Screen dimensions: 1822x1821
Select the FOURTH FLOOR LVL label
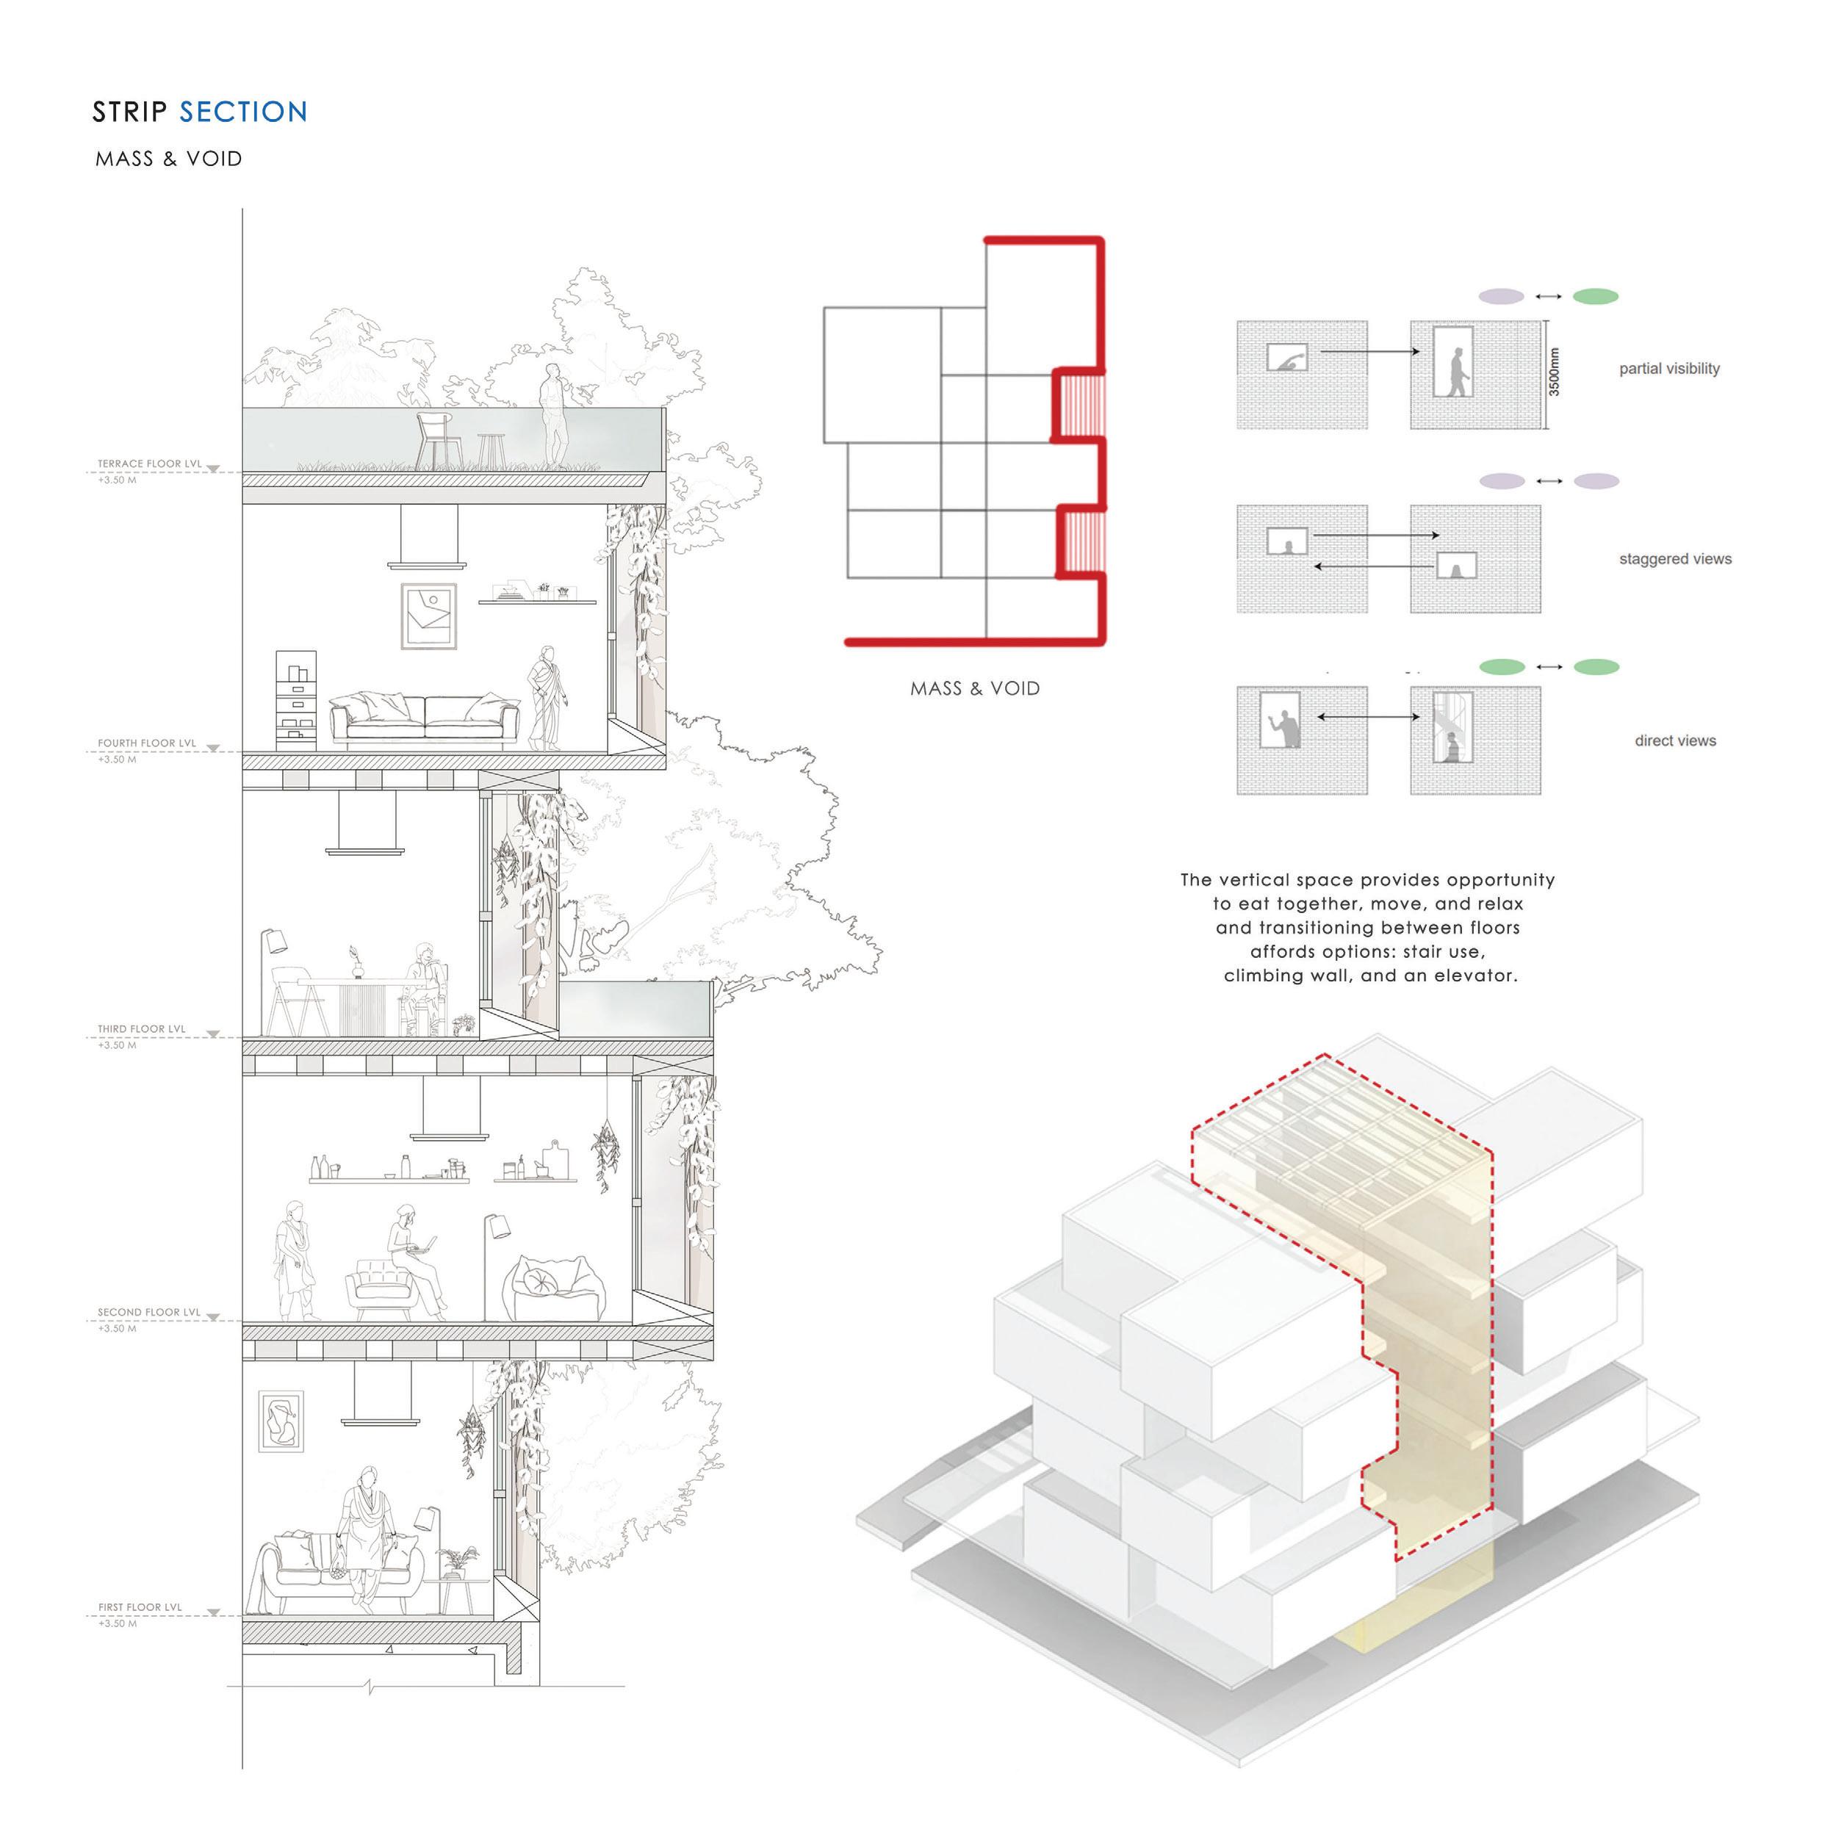(x=147, y=743)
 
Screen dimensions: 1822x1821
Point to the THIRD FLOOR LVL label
(x=142, y=1029)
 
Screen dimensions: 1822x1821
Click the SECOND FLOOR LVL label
(x=149, y=1312)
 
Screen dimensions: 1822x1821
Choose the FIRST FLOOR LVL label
(x=140, y=1607)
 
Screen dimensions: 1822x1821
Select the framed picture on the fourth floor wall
(x=429, y=616)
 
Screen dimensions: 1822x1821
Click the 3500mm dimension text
(x=1554, y=372)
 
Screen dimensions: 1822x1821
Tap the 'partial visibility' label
(x=1669, y=369)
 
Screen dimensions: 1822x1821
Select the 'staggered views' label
(x=1675, y=559)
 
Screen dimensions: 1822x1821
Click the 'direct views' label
(x=1675, y=741)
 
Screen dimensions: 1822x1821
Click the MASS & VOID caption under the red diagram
(x=975, y=688)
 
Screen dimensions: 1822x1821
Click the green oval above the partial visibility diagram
(x=1596, y=296)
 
